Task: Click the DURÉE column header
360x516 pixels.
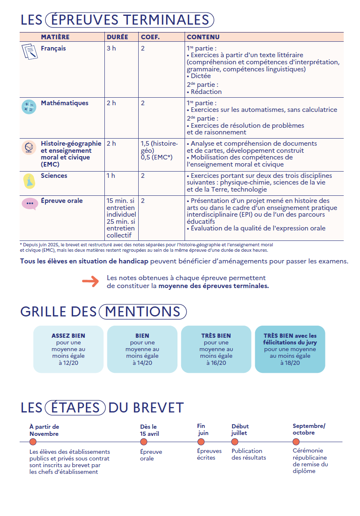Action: [x=117, y=37]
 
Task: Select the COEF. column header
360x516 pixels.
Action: [x=150, y=37]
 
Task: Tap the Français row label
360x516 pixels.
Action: [x=53, y=48]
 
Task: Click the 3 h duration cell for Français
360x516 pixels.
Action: [x=111, y=48]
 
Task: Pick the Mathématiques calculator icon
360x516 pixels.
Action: [x=29, y=107]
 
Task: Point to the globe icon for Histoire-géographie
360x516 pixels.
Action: [x=29, y=147]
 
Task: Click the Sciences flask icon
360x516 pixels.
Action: [x=29, y=181]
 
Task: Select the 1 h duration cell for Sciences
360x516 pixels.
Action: [x=111, y=176]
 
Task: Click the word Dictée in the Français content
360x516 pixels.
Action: [x=201, y=76]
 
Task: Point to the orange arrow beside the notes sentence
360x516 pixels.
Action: [x=91, y=282]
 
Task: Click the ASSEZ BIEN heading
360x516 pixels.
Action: [x=68, y=336]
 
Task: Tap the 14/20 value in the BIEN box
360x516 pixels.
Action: [x=142, y=363]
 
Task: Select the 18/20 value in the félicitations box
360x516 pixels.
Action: [x=290, y=363]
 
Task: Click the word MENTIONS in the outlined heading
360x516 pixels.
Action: [x=142, y=311]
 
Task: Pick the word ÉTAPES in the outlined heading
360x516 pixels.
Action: [x=75, y=407]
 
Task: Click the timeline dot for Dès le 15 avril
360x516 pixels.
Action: [x=144, y=442]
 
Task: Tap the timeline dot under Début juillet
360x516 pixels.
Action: [x=235, y=442]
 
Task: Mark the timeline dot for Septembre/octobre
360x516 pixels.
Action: [x=296, y=442]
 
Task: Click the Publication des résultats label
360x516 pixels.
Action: [x=248, y=454]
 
